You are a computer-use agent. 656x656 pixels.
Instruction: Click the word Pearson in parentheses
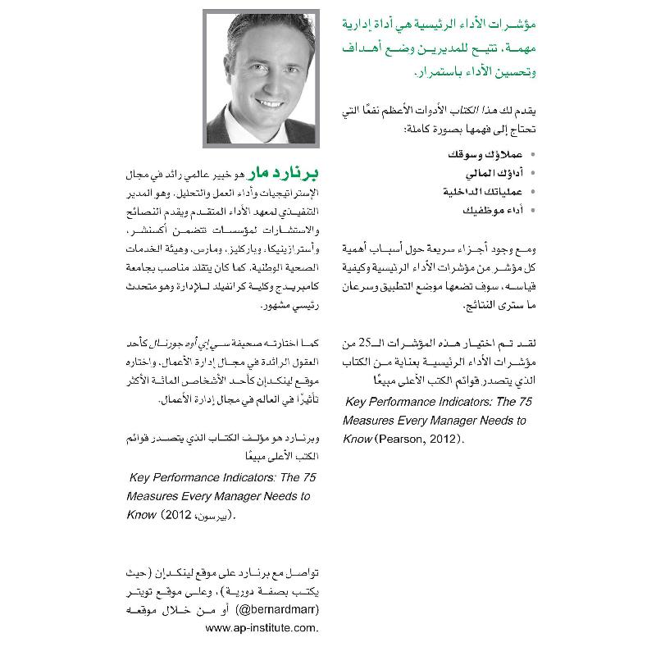coord(401,439)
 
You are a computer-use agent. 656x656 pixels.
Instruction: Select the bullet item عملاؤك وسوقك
coord(477,153)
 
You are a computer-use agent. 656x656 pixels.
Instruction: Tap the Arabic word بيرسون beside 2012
coord(213,517)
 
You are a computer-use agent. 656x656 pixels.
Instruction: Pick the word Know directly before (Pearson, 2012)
coord(356,439)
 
